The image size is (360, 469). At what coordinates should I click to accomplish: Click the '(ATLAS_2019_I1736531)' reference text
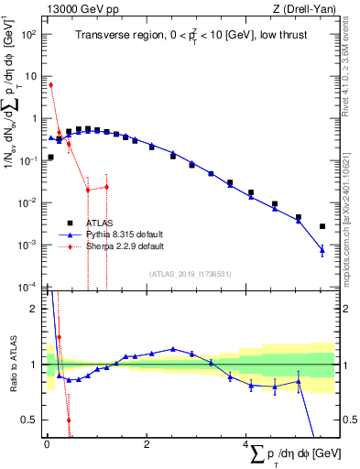pyautogui.click(x=190, y=273)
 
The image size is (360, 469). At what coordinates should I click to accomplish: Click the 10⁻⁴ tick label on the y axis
pyautogui.click(x=29, y=287)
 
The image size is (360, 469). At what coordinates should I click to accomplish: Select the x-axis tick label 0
pyautogui.click(x=46, y=444)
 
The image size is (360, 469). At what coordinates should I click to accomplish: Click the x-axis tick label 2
pyautogui.click(x=147, y=444)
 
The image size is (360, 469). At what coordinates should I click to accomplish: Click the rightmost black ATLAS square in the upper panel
pyautogui.click(x=322, y=226)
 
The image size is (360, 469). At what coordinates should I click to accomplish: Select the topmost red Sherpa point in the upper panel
pyautogui.click(x=51, y=84)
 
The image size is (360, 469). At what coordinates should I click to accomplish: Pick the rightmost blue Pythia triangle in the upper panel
pyautogui.click(x=322, y=250)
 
